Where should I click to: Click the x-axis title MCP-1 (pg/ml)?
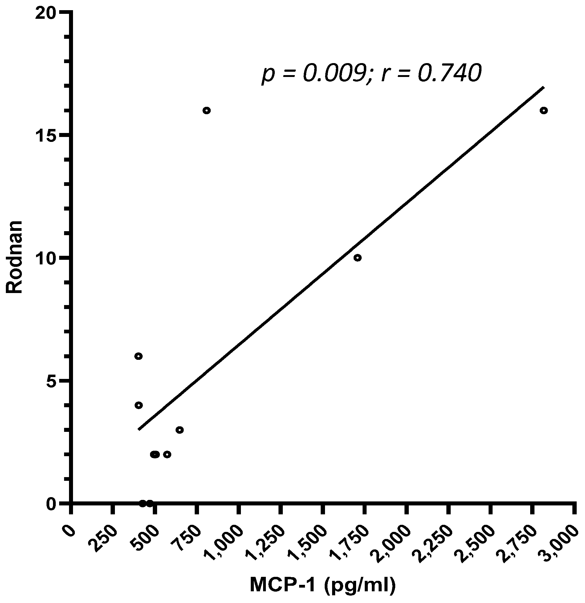click(x=322, y=585)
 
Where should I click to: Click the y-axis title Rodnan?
click(x=15, y=257)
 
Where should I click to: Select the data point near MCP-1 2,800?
click(x=543, y=111)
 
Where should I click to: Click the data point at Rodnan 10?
click(x=357, y=258)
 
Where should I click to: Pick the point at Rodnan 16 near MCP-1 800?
click(x=206, y=111)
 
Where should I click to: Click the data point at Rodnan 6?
click(x=138, y=356)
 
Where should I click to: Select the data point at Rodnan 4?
click(x=138, y=405)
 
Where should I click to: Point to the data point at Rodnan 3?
click(x=180, y=430)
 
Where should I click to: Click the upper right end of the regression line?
click(x=543, y=87)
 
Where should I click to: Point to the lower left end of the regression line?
click(x=139, y=429)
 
